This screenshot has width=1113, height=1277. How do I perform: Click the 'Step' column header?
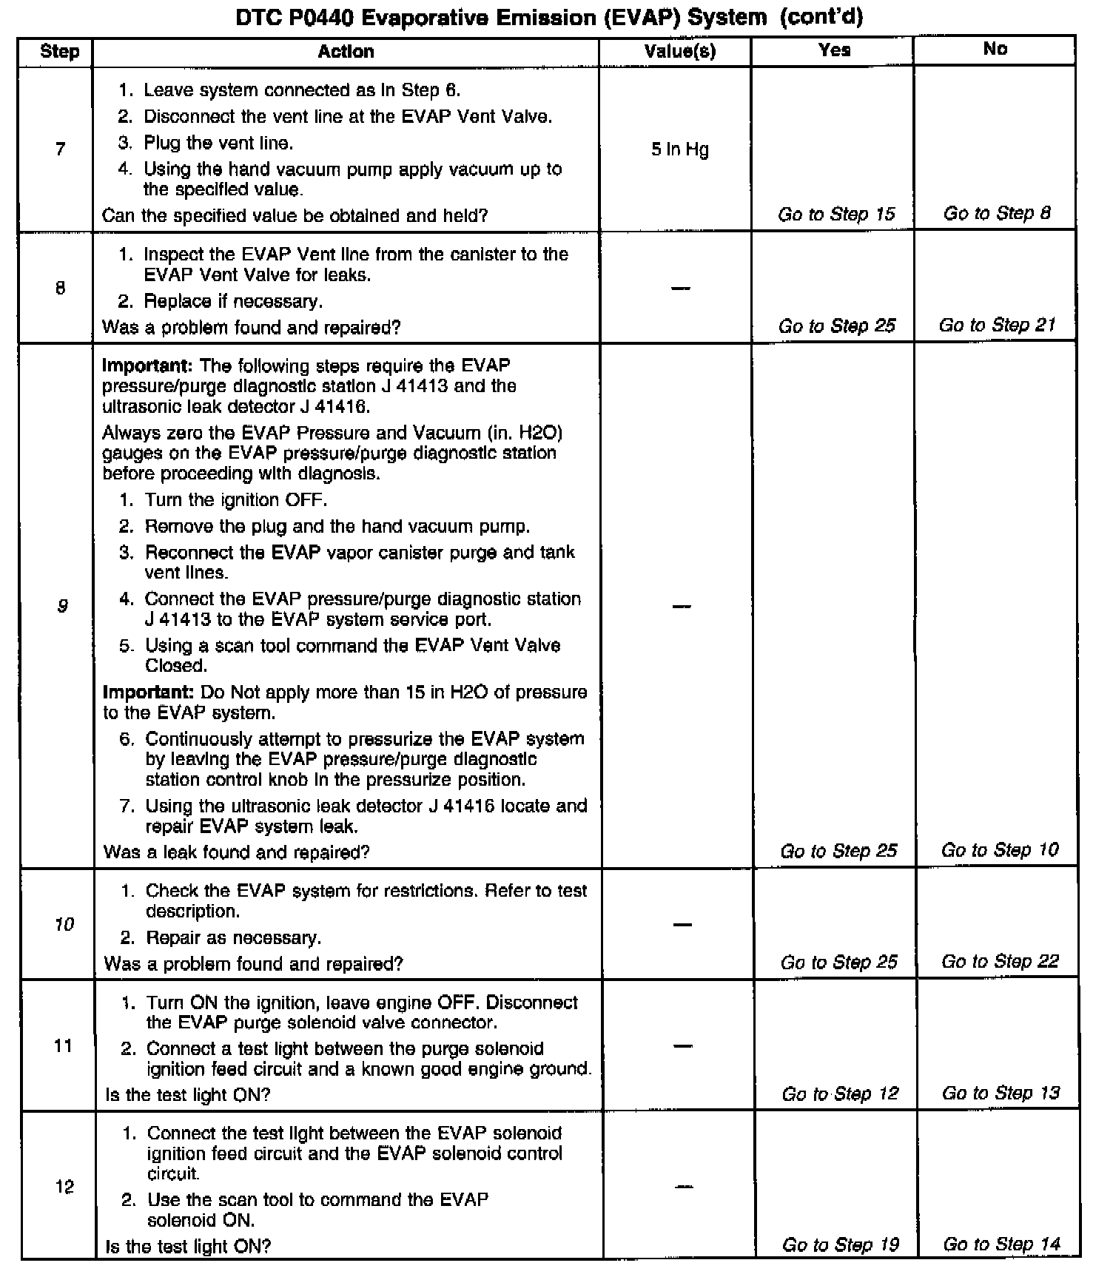(59, 51)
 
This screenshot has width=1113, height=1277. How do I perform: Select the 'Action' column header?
(346, 51)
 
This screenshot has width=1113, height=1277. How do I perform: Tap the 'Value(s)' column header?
(679, 51)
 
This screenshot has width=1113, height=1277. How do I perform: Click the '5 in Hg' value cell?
(679, 149)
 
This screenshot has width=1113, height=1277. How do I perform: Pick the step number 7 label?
(60, 149)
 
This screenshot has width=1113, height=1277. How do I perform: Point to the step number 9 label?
(62, 606)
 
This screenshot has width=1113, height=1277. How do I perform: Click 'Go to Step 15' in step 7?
(836, 215)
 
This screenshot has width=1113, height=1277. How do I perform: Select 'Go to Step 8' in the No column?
(996, 214)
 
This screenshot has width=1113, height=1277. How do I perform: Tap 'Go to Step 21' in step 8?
(997, 326)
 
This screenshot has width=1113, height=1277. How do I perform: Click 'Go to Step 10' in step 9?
(1000, 850)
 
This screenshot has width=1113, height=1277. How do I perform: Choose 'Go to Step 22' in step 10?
(1000, 962)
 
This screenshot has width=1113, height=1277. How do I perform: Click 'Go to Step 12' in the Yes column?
(840, 1094)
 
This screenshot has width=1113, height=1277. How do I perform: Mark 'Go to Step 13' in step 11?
(1001, 1093)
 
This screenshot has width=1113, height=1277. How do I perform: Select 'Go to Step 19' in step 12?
(841, 1245)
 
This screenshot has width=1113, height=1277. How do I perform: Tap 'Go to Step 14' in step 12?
(1001, 1244)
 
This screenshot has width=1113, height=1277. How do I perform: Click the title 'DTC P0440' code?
(294, 17)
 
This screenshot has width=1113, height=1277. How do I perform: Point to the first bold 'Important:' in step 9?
(147, 365)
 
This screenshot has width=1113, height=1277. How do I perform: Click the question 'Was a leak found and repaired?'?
(236, 852)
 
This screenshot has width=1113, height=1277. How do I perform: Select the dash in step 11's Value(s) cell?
(682, 1046)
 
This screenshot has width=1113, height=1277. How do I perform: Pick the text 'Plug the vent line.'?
(218, 143)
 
